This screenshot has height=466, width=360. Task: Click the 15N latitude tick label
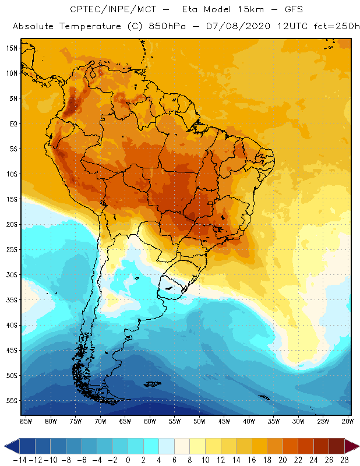click(x=11, y=48)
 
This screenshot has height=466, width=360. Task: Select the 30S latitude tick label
click(x=11, y=274)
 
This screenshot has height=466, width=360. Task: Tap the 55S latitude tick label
click(x=11, y=401)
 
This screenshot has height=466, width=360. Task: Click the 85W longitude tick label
click(x=26, y=421)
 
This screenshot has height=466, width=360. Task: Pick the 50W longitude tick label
click(x=200, y=421)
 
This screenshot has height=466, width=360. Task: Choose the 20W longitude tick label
click(x=348, y=421)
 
